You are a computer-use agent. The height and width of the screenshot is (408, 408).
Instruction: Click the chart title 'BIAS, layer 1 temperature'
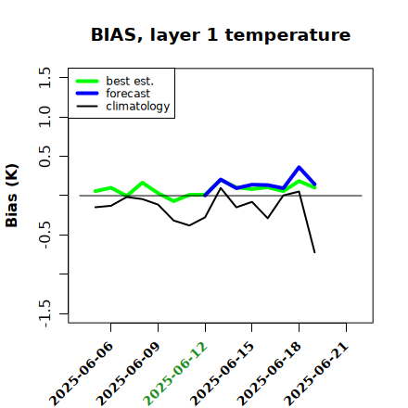(221, 35)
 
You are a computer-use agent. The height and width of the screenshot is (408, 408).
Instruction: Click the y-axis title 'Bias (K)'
(12, 196)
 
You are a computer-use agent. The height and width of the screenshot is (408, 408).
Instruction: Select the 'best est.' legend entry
(115, 81)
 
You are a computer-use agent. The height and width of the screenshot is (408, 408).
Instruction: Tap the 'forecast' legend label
(128, 94)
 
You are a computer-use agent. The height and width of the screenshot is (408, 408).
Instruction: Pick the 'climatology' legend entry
(123, 107)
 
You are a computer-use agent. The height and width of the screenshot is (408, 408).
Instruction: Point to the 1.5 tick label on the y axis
(45, 77)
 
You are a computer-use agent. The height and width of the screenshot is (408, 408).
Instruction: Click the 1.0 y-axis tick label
(45, 117)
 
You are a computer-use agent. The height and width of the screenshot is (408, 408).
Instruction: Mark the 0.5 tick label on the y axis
(45, 156)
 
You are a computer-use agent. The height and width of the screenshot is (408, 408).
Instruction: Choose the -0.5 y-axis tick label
(45, 235)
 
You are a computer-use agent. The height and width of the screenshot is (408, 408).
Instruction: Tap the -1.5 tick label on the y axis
(45, 313)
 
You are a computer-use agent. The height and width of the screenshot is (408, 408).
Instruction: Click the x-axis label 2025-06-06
(81, 375)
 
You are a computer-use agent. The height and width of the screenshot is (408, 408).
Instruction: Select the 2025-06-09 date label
(128, 375)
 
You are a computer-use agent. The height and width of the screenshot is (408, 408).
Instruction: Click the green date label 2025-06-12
(175, 375)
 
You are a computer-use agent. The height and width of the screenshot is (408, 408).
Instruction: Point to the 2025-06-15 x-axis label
(223, 375)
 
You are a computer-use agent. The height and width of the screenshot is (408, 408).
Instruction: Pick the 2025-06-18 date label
(269, 375)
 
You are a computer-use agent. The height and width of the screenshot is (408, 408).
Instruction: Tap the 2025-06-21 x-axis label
(316, 375)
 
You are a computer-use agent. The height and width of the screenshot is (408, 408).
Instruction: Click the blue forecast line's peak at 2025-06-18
(299, 167)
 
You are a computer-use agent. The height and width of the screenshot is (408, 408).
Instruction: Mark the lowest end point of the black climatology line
(314, 252)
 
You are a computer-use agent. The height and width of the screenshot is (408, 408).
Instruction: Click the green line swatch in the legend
(87, 81)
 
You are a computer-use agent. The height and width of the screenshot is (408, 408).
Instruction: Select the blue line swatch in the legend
(87, 94)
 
